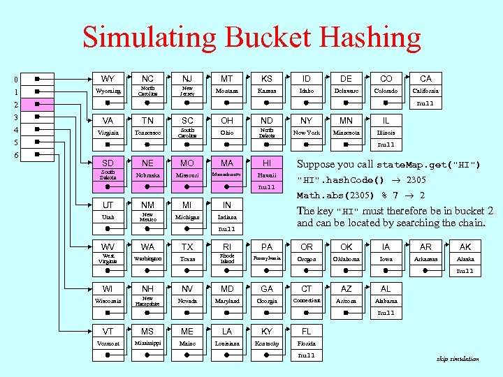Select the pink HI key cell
(267, 163)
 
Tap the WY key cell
(108, 79)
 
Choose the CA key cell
(425, 79)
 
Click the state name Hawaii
(267, 175)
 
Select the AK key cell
(465, 246)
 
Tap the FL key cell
(306, 331)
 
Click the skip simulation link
(458, 359)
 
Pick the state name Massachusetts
(227, 175)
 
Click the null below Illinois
(386, 145)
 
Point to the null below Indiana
(227, 229)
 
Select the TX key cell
(187, 246)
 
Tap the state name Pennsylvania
(267, 258)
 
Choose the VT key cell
(108, 331)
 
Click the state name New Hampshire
(147, 301)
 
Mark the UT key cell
(108, 205)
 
